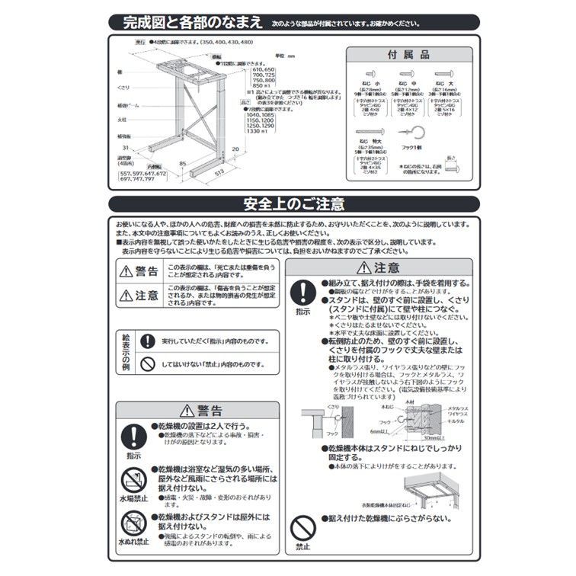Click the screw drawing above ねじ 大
click(441, 72)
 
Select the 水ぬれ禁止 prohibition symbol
click(134, 523)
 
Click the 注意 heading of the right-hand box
click(379, 267)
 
